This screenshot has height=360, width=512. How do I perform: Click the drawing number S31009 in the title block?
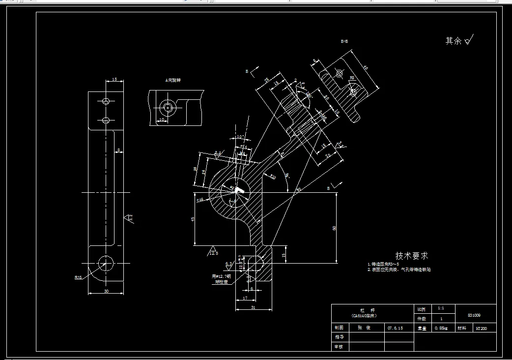[474, 315]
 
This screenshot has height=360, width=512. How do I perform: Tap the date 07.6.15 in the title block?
[395, 328]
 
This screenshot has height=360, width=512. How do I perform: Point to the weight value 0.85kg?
[441, 328]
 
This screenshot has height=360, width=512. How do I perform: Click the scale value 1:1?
[441, 309]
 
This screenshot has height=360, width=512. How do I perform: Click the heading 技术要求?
[412, 256]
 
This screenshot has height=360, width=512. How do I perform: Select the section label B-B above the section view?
[344, 42]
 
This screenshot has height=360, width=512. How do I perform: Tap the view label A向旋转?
[173, 80]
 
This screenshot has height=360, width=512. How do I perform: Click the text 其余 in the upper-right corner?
[453, 41]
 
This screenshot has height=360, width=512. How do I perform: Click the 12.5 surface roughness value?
[213, 253]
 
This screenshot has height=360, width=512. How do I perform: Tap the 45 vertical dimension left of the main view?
[193, 219]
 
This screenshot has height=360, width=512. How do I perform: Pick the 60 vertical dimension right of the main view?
[335, 228]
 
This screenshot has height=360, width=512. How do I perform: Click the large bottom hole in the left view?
[105, 262]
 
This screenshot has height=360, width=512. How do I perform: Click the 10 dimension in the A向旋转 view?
[161, 120]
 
